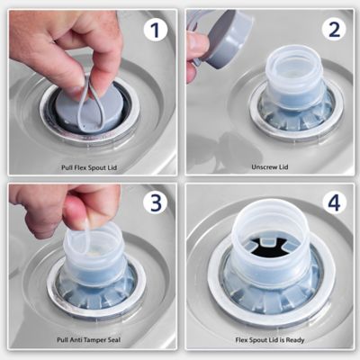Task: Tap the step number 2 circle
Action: tap(334, 29)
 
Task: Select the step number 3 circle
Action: tap(155, 202)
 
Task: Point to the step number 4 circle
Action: tap(334, 202)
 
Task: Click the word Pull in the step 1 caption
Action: tap(67, 167)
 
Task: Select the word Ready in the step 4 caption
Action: tap(295, 340)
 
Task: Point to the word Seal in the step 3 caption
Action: tap(113, 340)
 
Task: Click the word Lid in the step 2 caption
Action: tap(283, 166)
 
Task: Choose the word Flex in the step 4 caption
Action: tap(242, 340)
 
